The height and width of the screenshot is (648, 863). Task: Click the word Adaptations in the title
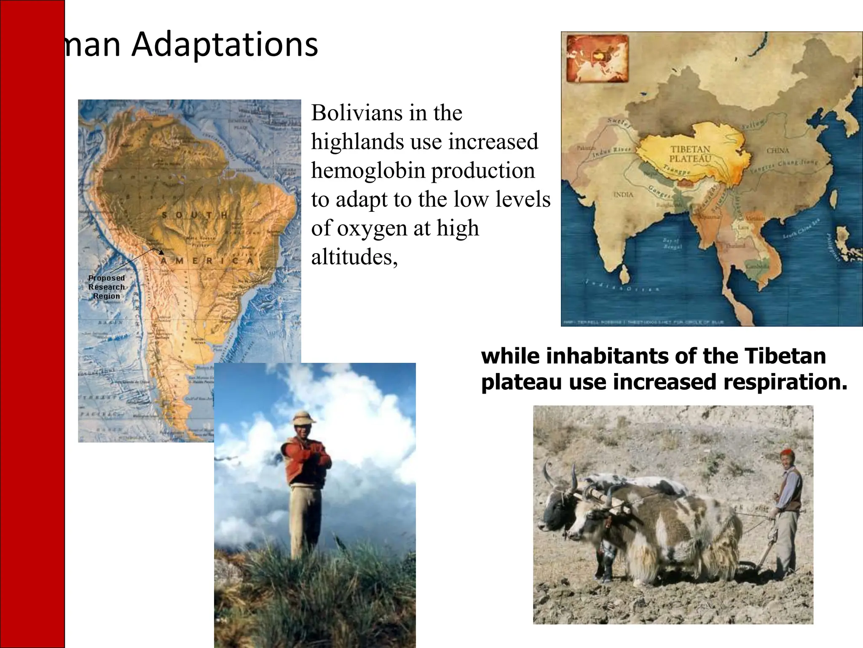pos(225,45)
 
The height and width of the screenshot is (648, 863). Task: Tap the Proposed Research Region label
pos(107,287)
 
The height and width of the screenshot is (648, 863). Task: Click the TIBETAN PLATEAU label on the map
pos(690,154)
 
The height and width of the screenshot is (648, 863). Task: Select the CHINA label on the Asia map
pos(777,151)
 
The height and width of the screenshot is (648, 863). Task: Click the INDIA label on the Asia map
pos(623,194)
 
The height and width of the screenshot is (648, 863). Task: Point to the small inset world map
pos(597,58)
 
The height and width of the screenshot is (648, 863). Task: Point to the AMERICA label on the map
pos(206,261)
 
